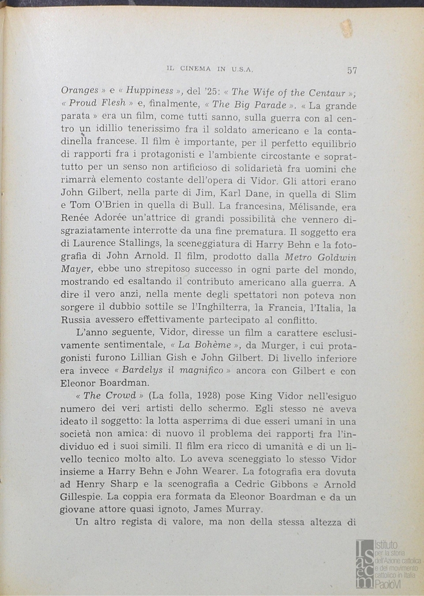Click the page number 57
(352, 70)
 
